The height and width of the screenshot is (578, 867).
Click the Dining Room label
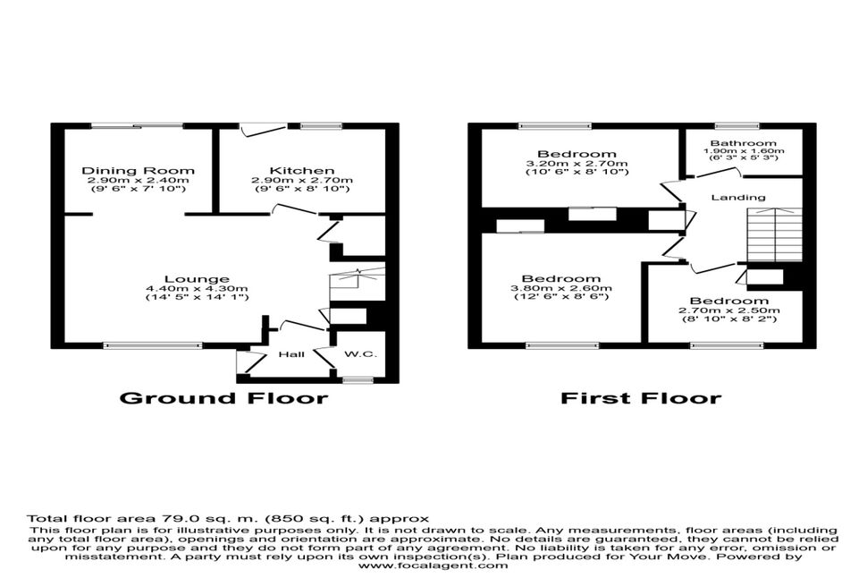coord(139,171)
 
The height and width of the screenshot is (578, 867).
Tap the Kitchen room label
coord(302,171)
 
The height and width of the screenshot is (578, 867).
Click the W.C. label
coord(360,353)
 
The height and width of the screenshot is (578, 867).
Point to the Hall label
coord(291,354)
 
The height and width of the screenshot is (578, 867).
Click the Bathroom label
coord(744,143)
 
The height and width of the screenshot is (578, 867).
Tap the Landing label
coord(738,197)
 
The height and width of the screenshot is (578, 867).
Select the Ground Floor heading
coord(224,398)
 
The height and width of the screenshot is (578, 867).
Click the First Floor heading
coord(641,398)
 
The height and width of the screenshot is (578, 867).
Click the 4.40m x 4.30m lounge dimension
coord(197,288)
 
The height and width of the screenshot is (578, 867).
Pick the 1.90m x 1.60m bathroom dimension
coord(744,150)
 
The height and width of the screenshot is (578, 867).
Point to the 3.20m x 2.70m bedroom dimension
coord(577,164)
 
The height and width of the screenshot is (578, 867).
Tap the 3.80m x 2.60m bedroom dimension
coord(561,288)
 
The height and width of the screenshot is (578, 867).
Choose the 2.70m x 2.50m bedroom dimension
coord(729,310)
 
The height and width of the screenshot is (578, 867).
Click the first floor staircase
coord(775,234)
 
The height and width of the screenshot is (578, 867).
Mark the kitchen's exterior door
coord(263,129)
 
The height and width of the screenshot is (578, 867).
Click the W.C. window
coord(358,380)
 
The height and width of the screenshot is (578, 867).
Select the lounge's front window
coord(153,346)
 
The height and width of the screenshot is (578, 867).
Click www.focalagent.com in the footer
coord(433,565)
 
